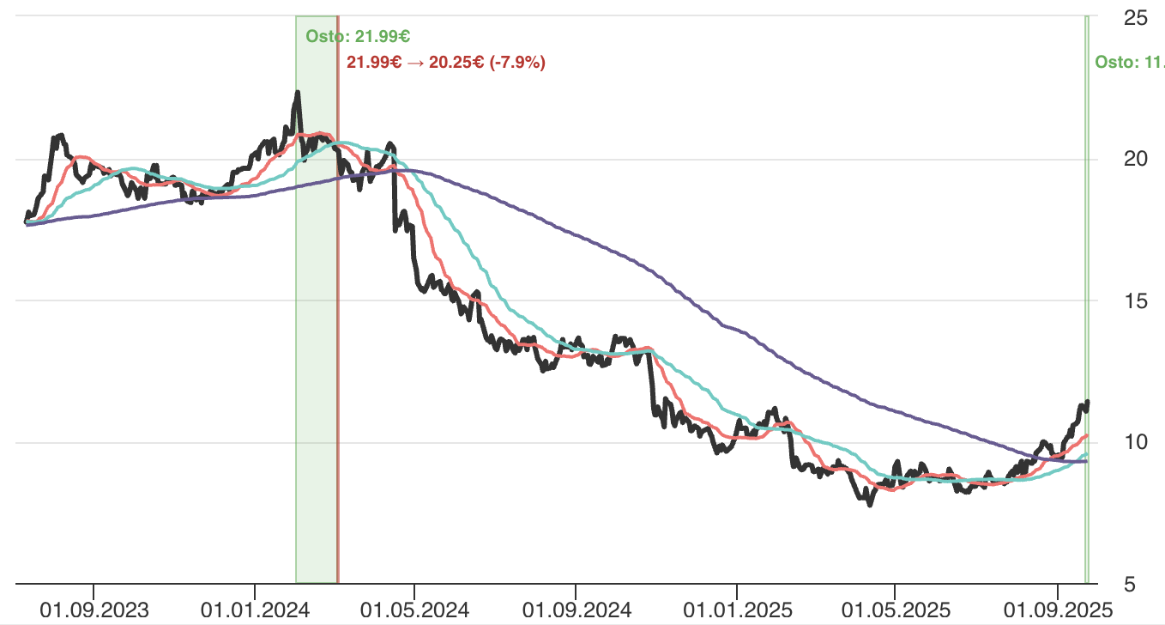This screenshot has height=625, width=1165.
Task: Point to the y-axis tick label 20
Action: point(1136,159)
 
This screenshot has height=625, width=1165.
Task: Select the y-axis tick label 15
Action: point(1136,300)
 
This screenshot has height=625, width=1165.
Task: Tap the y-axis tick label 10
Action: point(1136,442)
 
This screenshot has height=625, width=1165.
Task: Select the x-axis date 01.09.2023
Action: point(94,610)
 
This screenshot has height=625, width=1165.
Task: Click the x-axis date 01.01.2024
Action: point(255,610)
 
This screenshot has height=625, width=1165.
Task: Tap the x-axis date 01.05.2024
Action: point(414,610)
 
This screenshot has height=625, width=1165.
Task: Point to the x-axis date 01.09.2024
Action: point(576,610)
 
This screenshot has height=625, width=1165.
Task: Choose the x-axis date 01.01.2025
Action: point(736,610)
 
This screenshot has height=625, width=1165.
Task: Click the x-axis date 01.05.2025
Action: point(895,610)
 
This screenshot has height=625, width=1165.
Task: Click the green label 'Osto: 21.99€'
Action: point(357,36)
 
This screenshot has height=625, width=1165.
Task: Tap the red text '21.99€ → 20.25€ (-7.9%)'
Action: point(446,62)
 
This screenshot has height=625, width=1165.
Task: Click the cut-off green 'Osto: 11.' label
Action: point(1129,62)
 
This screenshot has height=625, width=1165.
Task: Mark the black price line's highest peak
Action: point(298,92)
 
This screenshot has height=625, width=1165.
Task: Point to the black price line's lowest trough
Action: point(871,505)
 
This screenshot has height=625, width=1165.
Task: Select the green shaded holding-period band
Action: point(316,343)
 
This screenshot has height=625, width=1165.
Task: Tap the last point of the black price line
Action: point(1088,402)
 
